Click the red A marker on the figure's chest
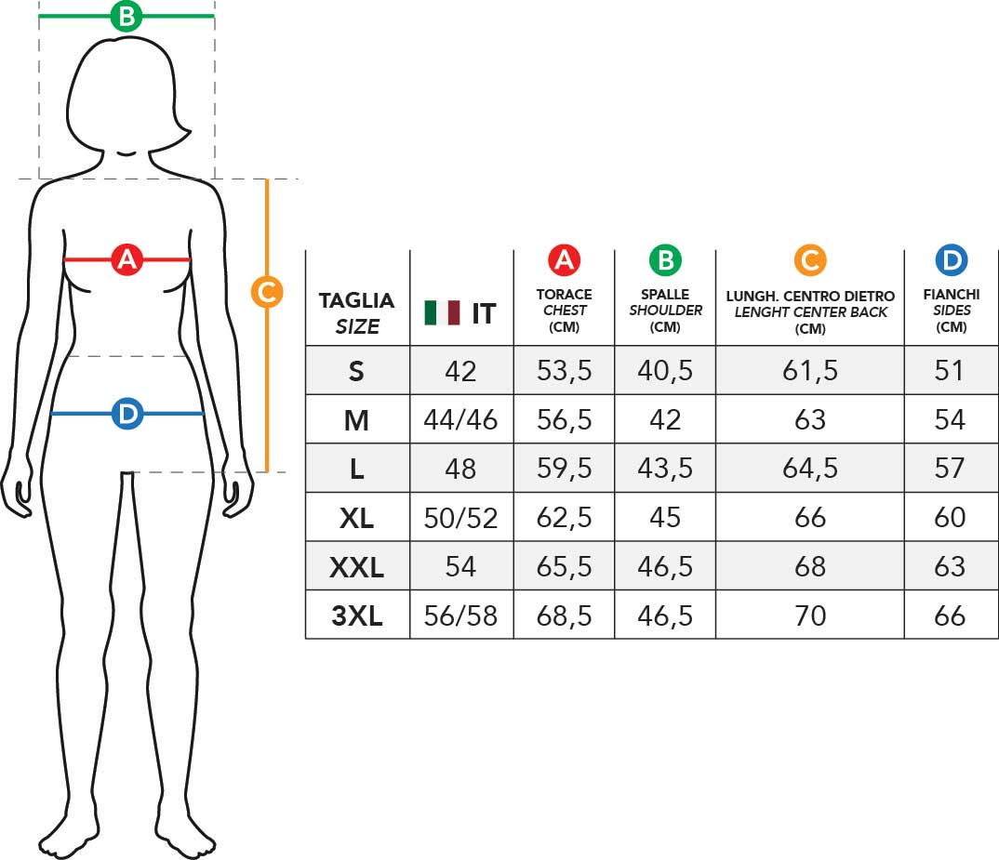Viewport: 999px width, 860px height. (x=127, y=259)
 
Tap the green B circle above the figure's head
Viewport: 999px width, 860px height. (x=127, y=16)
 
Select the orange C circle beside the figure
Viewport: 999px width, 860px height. (x=267, y=292)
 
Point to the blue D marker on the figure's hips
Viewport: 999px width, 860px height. (x=127, y=414)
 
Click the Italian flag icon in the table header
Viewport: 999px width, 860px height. (x=442, y=312)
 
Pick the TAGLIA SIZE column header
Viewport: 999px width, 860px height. (x=357, y=313)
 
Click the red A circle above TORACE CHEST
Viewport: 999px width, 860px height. (x=565, y=260)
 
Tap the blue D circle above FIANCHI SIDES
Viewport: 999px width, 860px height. (x=952, y=260)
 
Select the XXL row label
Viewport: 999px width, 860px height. (x=357, y=567)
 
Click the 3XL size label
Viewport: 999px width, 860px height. (x=357, y=616)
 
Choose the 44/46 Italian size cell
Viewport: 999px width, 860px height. (x=460, y=420)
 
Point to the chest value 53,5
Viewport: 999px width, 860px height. (x=565, y=371)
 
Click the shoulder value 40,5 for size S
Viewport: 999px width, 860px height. (x=665, y=371)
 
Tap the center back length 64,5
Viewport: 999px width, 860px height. (x=810, y=469)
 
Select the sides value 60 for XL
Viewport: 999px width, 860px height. (x=950, y=517)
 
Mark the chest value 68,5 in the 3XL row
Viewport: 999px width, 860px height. (x=565, y=616)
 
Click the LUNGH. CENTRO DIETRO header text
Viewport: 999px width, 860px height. (x=810, y=297)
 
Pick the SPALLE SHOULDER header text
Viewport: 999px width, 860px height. (x=666, y=302)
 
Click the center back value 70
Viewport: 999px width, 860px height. (x=810, y=616)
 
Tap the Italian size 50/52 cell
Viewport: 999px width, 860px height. (x=460, y=518)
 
